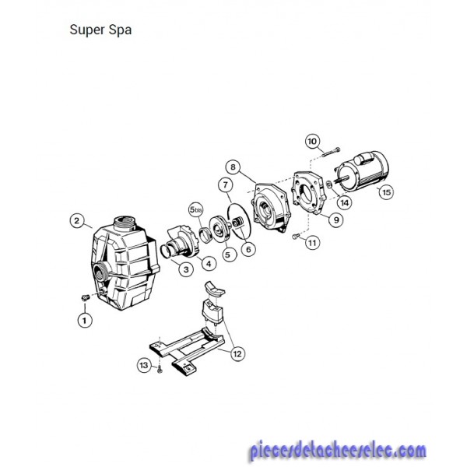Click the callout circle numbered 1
(x=85, y=321)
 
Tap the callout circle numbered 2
(x=77, y=221)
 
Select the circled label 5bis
(x=195, y=209)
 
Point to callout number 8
(x=233, y=167)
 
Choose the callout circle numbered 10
(x=312, y=141)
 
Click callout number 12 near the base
(x=237, y=354)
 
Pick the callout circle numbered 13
(x=144, y=365)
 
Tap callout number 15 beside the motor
(x=386, y=192)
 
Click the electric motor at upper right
(x=362, y=170)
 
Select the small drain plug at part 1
(x=85, y=297)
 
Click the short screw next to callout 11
(x=295, y=236)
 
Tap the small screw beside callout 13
(x=160, y=370)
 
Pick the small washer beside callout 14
(x=329, y=184)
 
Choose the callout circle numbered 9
(x=336, y=219)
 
